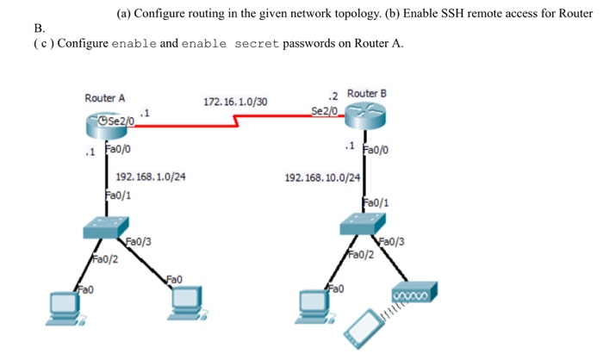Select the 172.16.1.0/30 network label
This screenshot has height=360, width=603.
235,102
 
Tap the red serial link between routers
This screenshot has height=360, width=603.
233,124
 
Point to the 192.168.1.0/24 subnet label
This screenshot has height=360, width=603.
151,177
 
